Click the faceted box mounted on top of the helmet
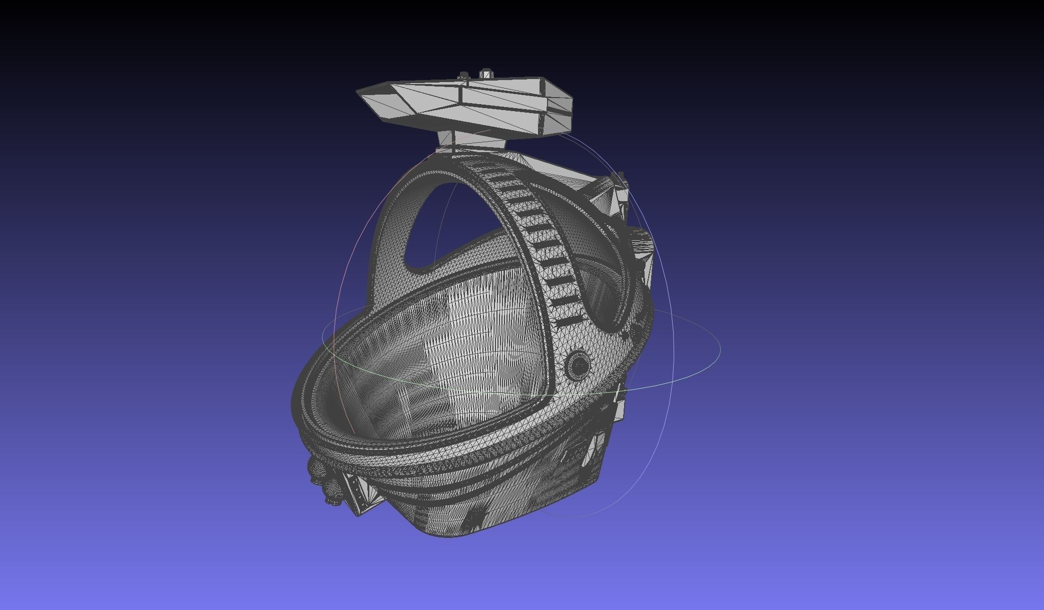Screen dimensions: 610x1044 click(465, 105)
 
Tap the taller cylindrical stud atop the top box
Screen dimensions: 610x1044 click(485, 75)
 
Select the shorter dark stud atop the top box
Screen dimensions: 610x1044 click(464, 76)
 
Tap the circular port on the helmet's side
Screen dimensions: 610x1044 click(579, 365)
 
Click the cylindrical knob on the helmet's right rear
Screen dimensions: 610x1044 click(642, 245)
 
